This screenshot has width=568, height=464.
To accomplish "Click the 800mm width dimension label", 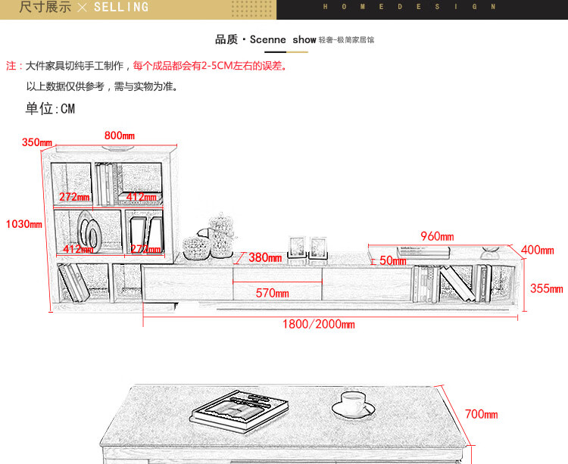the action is point(120,135).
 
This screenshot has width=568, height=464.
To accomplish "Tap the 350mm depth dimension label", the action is point(37,142).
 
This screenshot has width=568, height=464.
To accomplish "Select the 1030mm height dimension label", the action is point(23,224).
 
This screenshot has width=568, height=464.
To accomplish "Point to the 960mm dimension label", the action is point(437,236).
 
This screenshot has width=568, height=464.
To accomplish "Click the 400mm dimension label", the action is point(538,250).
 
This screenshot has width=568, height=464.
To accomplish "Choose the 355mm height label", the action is point(546,288).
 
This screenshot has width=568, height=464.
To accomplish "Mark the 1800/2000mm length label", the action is point(318,324).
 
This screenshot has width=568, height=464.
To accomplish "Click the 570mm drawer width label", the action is point(272,293).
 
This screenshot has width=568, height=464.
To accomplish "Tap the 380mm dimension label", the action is point(265,257).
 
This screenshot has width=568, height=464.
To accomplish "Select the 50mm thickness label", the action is point(392,261).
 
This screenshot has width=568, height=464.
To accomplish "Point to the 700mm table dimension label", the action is point(481,414).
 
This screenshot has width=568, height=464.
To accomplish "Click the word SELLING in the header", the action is point(121,8).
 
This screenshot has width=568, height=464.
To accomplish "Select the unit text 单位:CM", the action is point(50,109).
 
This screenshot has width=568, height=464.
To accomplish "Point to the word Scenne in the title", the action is point(269,39).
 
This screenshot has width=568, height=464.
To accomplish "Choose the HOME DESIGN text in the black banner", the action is point(410,7).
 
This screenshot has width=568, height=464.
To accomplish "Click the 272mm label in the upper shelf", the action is point(74,198).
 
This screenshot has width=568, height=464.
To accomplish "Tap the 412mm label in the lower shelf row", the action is point(78,249).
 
